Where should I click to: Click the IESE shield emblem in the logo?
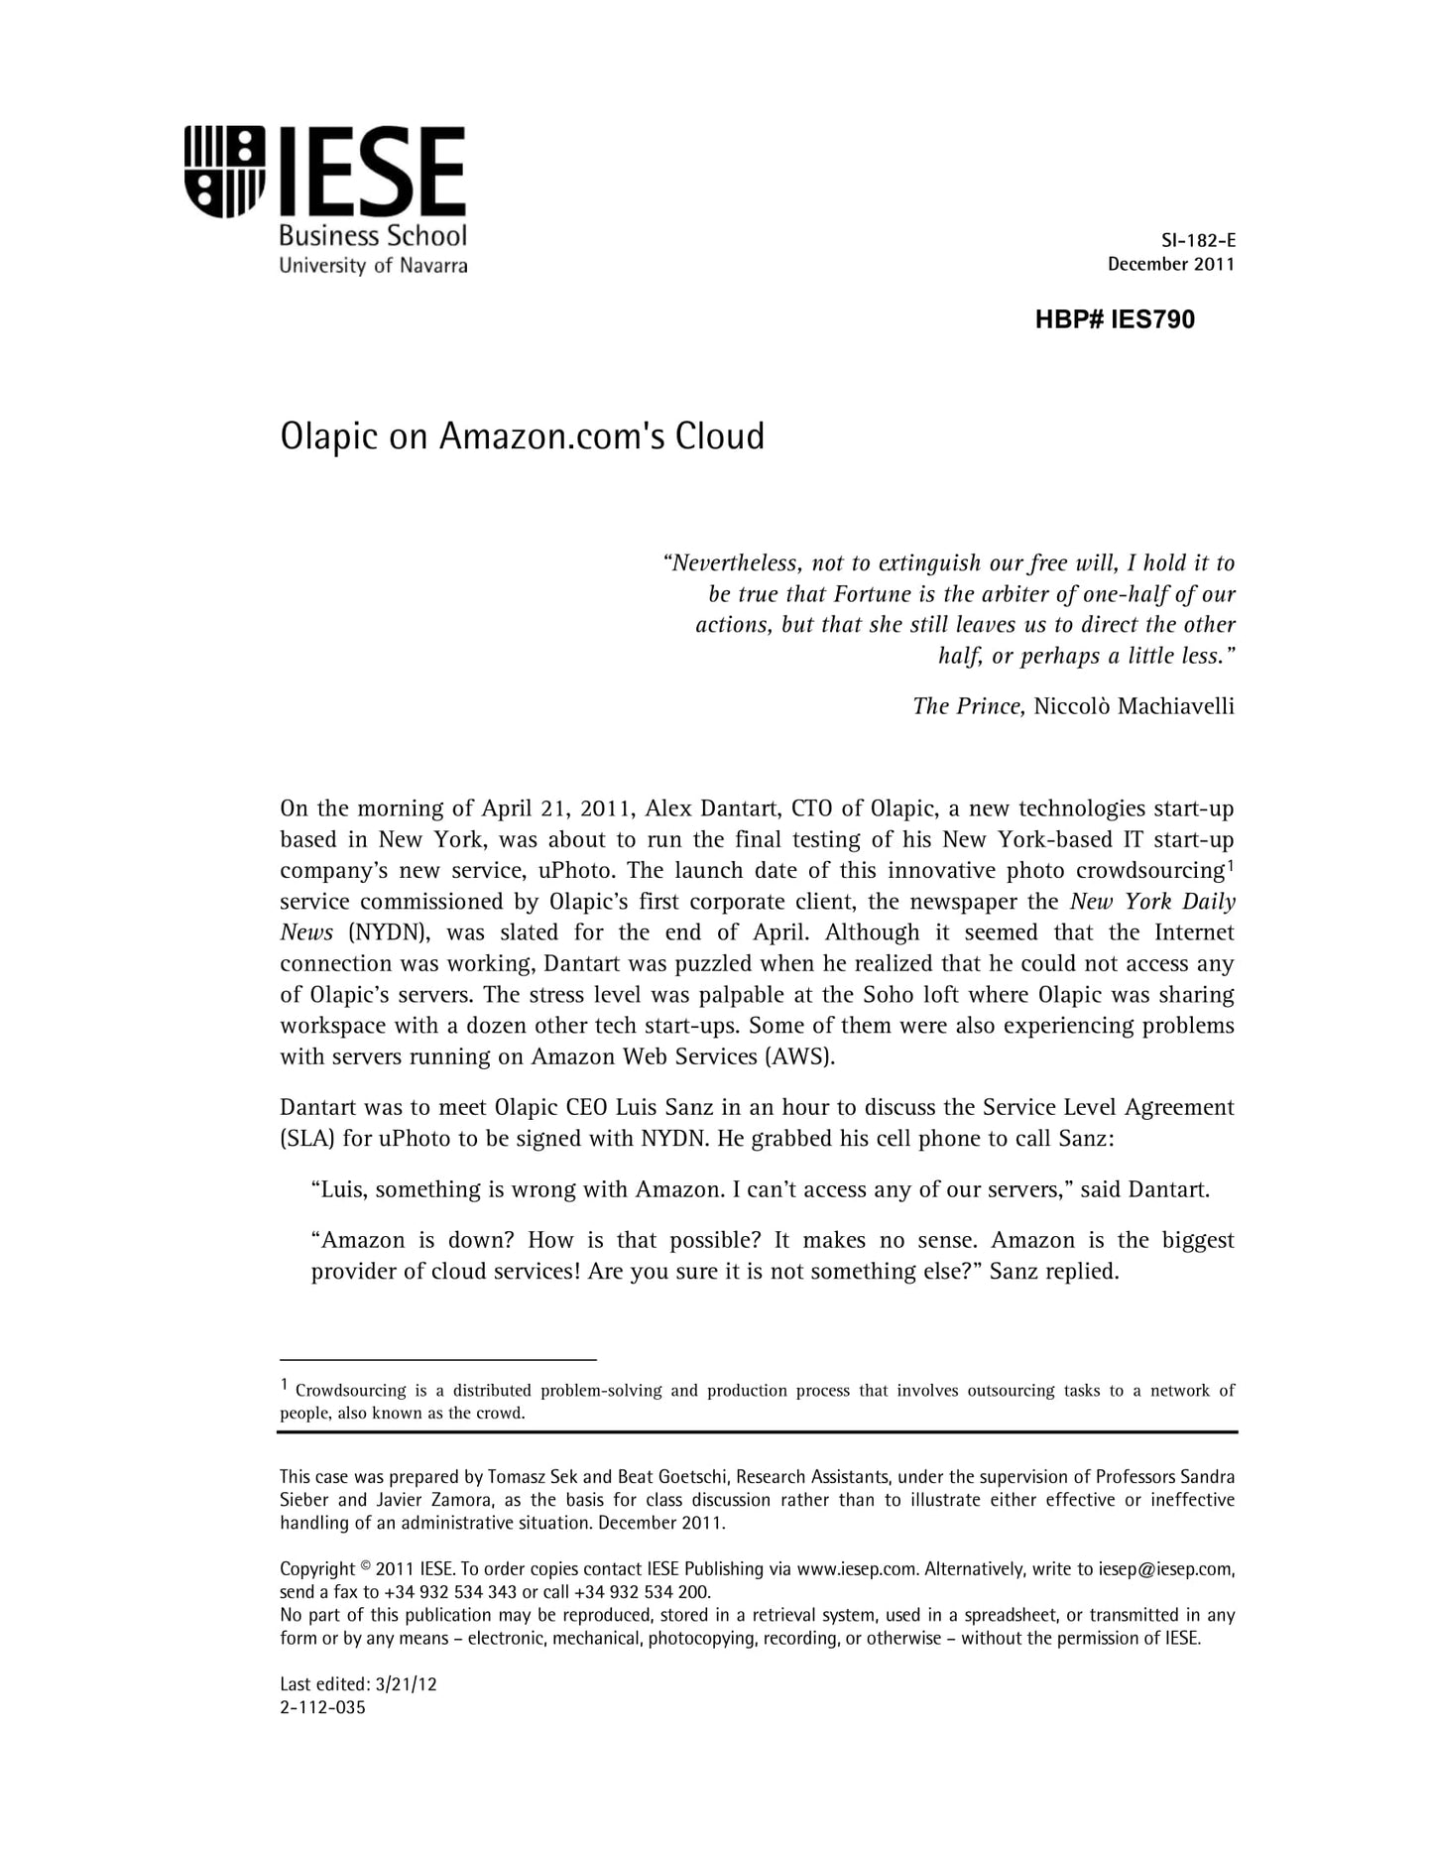[x=224, y=171]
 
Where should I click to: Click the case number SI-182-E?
[x=1198, y=241]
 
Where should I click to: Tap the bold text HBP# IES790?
[x=1115, y=319]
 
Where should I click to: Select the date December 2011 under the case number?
[x=1170, y=264]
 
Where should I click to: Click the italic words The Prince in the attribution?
[x=966, y=706]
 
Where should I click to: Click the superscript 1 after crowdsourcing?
[x=1230, y=865]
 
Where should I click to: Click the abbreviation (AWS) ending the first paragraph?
[x=799, y=1056]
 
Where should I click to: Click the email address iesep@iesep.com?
[x=1165, y=1569]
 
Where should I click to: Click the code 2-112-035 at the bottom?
[x=322, y=1707]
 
